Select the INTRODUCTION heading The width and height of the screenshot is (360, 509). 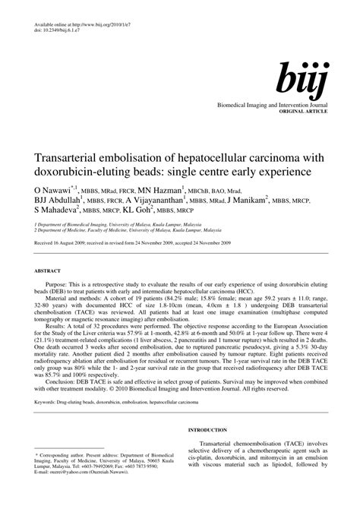pyautogui.click(x=209, y=428)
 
